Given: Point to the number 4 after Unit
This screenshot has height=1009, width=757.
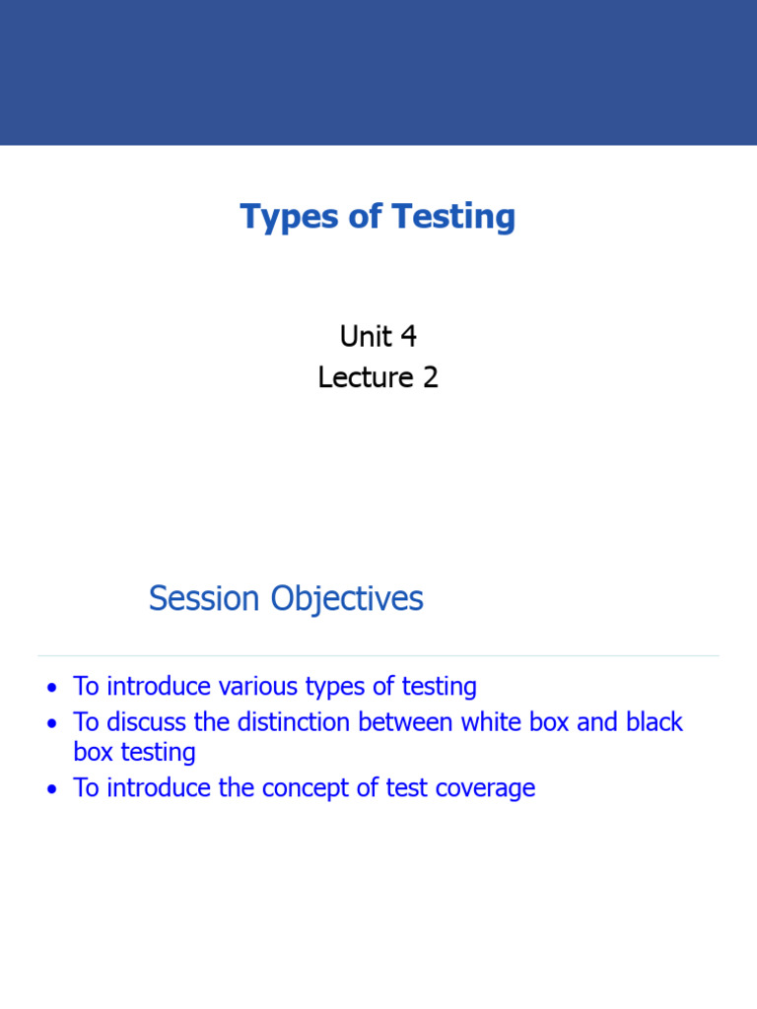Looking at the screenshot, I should point(408,337).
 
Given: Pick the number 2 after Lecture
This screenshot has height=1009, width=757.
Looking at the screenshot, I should point(430,377).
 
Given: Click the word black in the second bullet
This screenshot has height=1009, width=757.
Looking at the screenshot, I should point(654,722).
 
